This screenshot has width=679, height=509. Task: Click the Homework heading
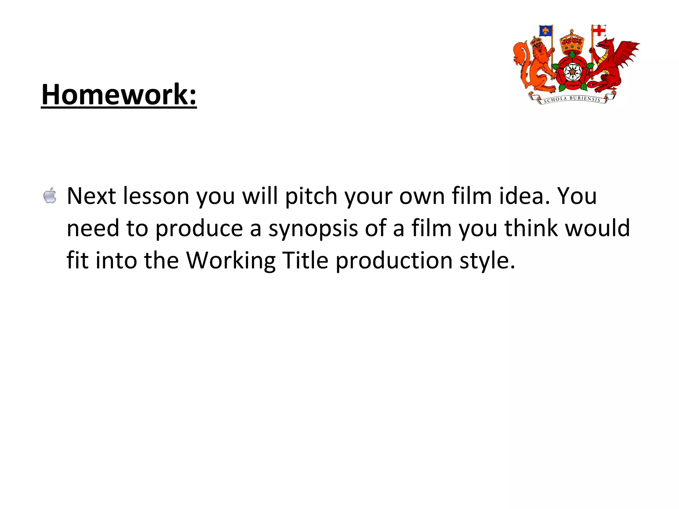119,95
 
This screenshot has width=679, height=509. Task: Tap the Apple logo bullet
50,195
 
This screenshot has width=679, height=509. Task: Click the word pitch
311,196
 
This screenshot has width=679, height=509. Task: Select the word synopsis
313,229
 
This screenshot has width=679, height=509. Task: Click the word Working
231,261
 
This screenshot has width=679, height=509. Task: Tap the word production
394,261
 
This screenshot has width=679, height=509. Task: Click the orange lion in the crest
534,66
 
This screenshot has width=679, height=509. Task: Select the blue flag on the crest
545,31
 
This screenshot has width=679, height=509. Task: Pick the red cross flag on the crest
599,31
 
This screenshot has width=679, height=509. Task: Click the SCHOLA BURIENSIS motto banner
572,99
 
